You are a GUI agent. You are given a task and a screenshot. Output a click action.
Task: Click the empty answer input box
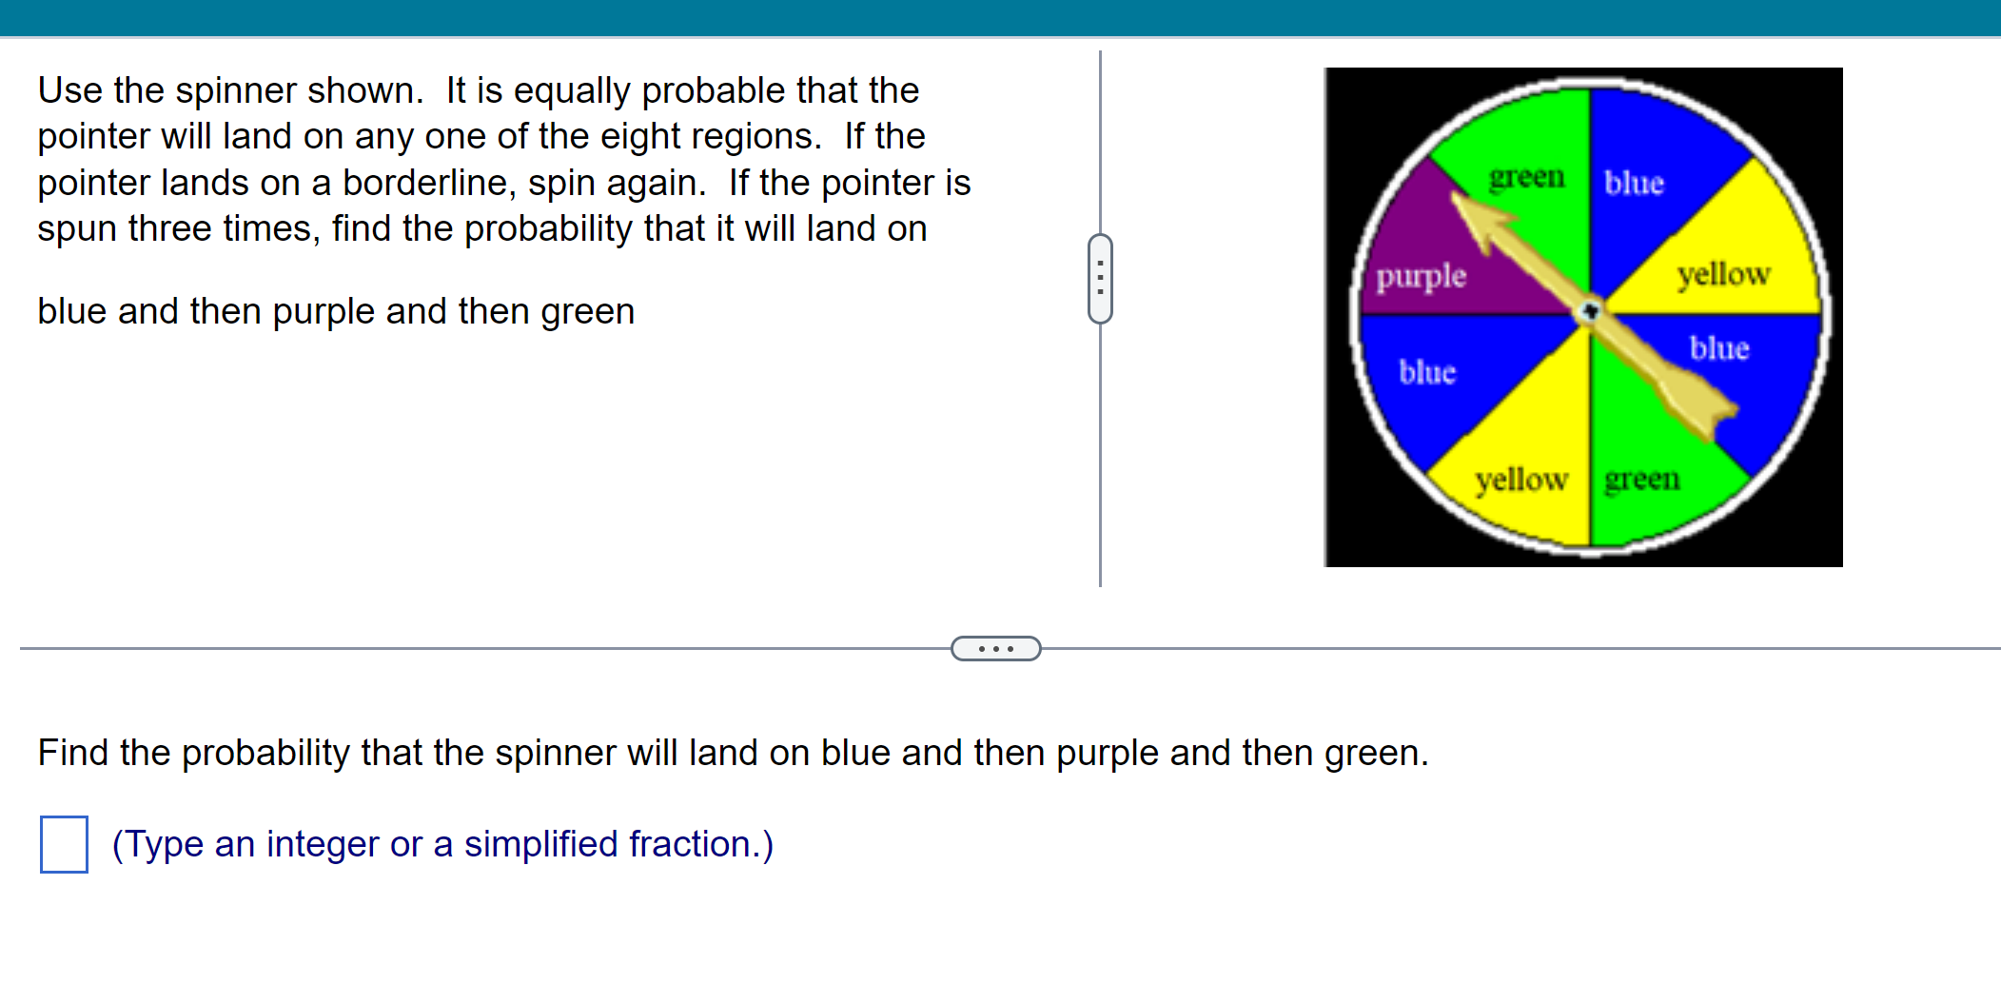tap(64, 844)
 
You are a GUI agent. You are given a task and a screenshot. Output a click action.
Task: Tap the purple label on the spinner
tap(1421, 277)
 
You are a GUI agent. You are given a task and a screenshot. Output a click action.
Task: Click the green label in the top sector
tap(1526, 178)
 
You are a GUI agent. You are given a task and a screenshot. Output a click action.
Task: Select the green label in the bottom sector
tap(1641, 479)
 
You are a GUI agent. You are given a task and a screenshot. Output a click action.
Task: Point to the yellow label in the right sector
tap(1723, 275)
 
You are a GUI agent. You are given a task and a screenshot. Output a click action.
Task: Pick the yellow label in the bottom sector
tap(1520, 480)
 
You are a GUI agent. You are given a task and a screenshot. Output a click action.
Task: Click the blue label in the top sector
tap(1634, 183)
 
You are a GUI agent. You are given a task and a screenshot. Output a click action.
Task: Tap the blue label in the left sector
tap(1427, 372)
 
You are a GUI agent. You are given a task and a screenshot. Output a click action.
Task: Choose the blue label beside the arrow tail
tap(1719, 348)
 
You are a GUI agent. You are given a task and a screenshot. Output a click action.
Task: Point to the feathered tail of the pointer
tap(1709, 414)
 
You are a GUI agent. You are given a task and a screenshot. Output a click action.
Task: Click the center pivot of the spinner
tap(1590, 311)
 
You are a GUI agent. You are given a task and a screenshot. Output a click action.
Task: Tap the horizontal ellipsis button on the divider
tap(995, 649)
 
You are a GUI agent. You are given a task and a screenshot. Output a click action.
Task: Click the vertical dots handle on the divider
tap(1100, 279)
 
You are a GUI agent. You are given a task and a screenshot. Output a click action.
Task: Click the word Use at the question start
tap(69, 90)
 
